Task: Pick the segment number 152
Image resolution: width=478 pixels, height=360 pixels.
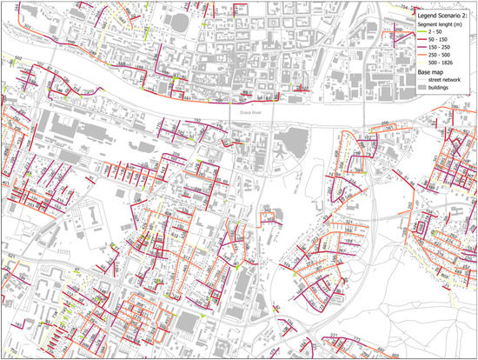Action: pos(196,121)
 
